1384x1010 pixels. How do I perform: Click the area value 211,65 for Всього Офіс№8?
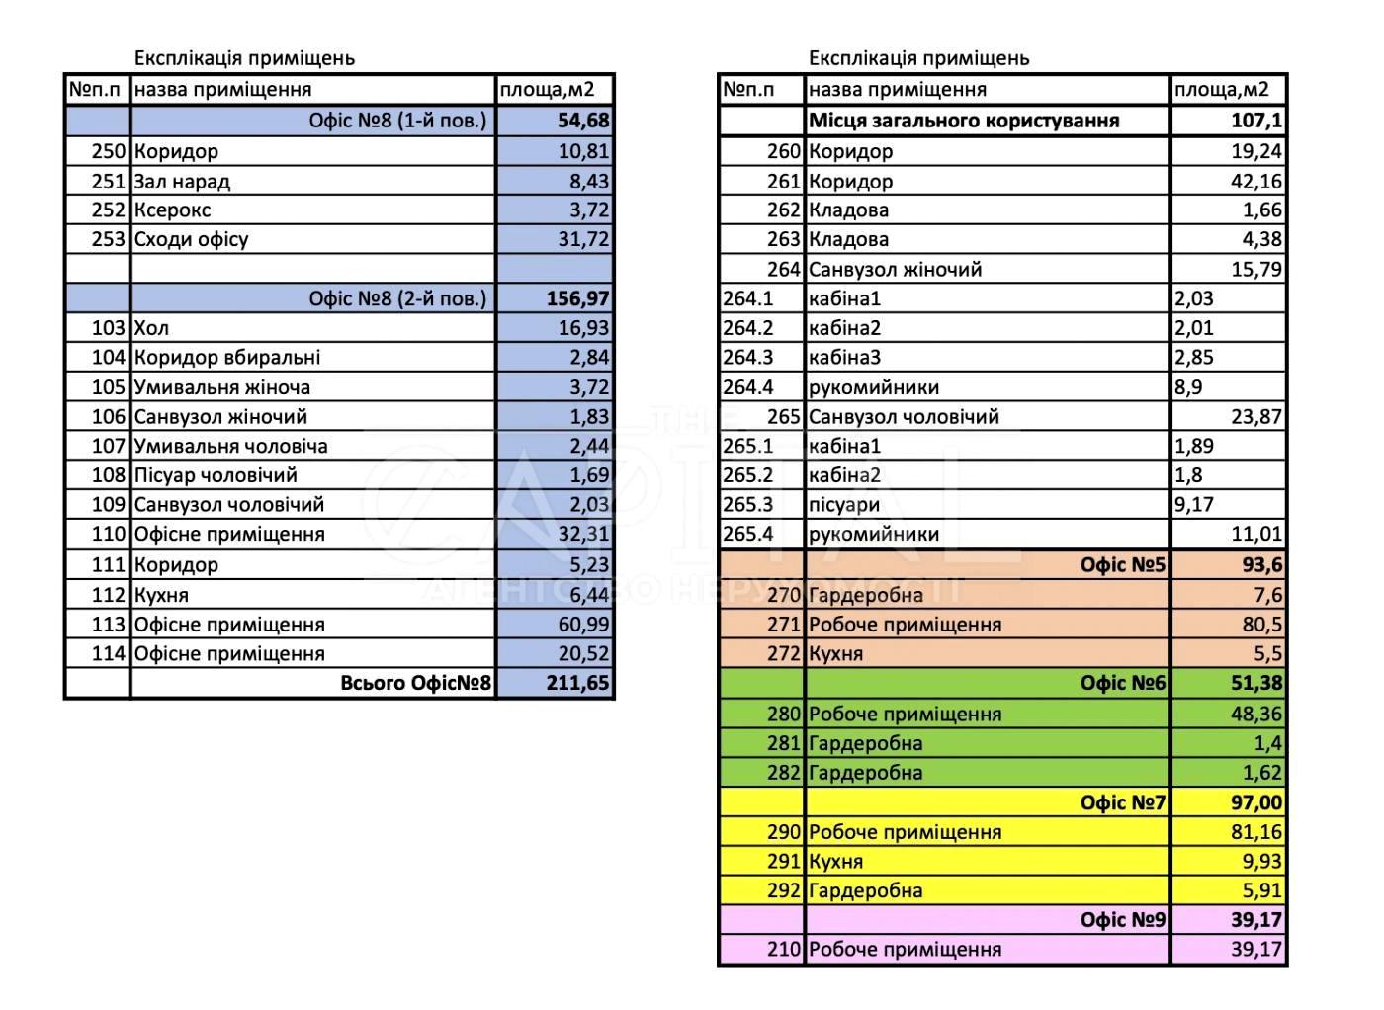click(x=577, y=683)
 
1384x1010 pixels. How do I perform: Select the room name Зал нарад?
click(x=182, y=181)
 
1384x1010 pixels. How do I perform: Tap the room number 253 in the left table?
click(x=108, y=239)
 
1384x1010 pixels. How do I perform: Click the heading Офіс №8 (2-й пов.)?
click(x=397, y=298)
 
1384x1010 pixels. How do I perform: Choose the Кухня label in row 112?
click(x=161, y=595)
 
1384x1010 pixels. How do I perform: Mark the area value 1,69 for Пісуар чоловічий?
click(x=589, y=475)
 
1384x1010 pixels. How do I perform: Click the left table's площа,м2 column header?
click(x=547, y=90)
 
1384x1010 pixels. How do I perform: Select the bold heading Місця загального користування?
click(x=964, y=121)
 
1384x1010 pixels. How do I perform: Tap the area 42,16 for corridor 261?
click(x=1255, y=181)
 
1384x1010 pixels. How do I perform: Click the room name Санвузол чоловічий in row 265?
click(x=904, y=417)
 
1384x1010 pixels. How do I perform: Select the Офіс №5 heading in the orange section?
click(x=1123, y=565)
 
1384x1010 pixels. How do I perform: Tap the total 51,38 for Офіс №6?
click(x=1255, y=683)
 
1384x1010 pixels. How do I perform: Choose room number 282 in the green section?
click(x=783, y=773)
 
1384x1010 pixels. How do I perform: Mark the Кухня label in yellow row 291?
click(x=835, y=862)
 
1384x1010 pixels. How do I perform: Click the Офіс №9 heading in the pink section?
click(x=1123, y=920)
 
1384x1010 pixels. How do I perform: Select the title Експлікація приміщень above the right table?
click(x=918, y=58)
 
